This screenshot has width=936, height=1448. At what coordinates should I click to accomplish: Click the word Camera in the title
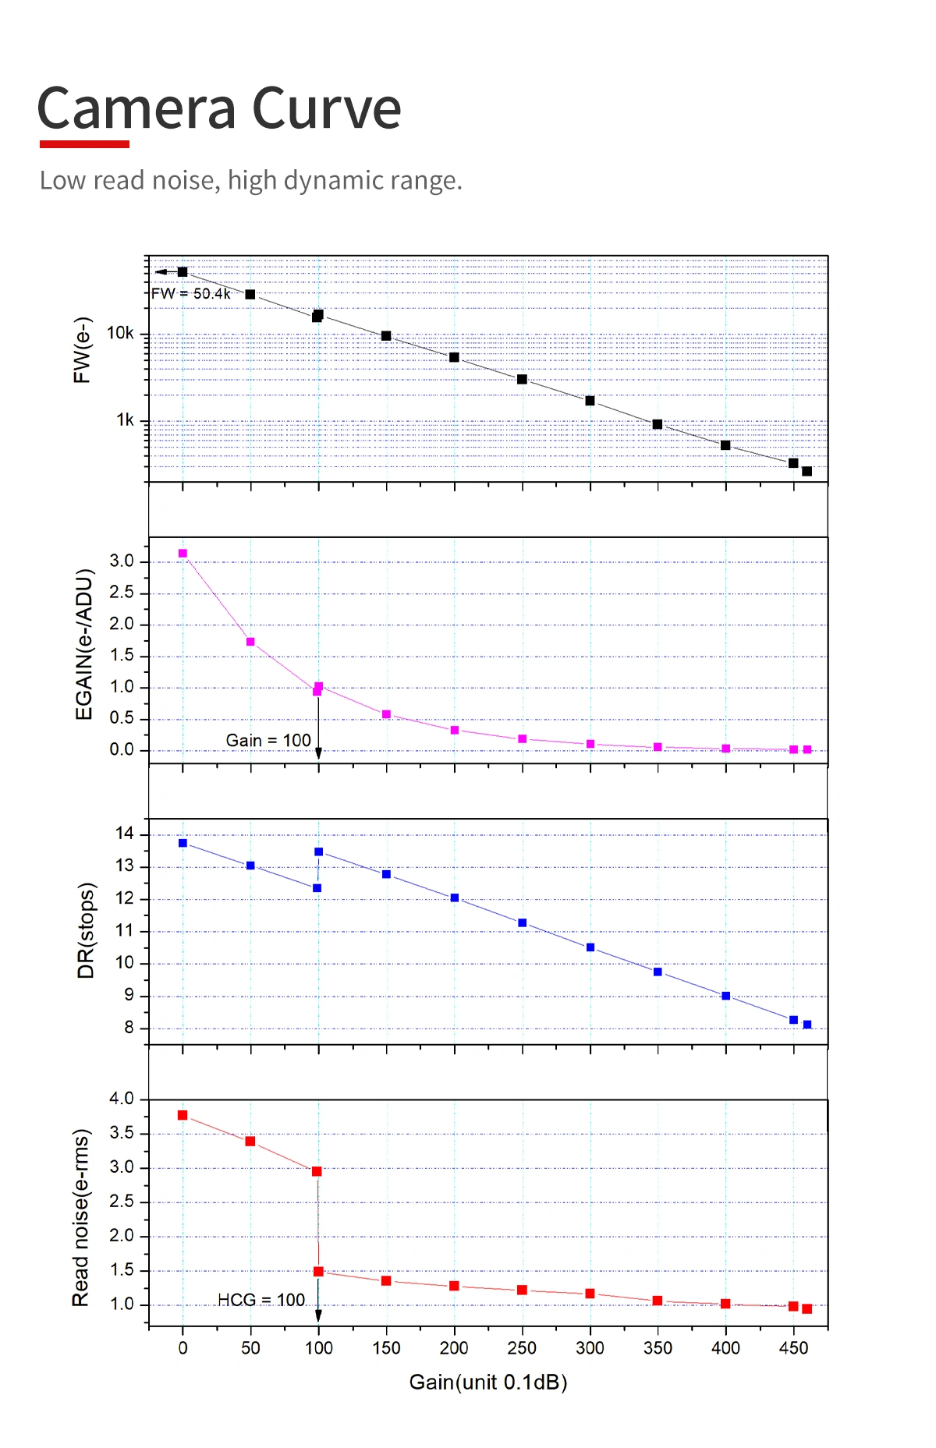tap(136, 108)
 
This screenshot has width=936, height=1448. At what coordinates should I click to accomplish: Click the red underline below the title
tap(84, 144)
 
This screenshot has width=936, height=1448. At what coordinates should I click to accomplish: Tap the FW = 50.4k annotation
tap(190, 294)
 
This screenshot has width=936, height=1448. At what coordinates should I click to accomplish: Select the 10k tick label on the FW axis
tap(120, 334)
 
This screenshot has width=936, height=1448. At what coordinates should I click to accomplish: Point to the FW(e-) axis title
tap(82, 350)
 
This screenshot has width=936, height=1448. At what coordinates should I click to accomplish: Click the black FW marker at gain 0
tap(183, 272)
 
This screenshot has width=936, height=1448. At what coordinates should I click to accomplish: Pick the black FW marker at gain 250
tap(522, 380)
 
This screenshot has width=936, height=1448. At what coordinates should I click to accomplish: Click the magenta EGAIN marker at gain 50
tap(250, 642)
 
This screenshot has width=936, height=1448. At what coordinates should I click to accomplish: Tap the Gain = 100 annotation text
tap(268, 740)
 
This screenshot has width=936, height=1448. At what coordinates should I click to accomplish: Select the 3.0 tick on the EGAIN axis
tap(122, 561)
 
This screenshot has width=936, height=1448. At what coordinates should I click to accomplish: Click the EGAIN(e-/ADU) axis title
tap(84, 644)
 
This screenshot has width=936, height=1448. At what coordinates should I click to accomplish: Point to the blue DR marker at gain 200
tap(455, 898)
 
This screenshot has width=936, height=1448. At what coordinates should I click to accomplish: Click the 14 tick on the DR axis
tap(125, 834)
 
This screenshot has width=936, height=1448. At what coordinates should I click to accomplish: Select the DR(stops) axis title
tap(86, 930)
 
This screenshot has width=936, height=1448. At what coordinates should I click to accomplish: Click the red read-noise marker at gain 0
tap(183, 1115)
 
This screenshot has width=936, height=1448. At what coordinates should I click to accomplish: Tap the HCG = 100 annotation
tap(261, 1300)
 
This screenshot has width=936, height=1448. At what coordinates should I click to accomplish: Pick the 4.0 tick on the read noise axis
tap(122, 1099)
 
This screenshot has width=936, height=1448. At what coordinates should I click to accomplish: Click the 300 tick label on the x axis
tap(590, 1348)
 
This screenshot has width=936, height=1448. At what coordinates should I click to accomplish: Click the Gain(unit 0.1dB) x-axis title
tap(488, 1383)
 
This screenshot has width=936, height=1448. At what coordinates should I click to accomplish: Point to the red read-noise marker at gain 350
tap(658, 1301)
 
